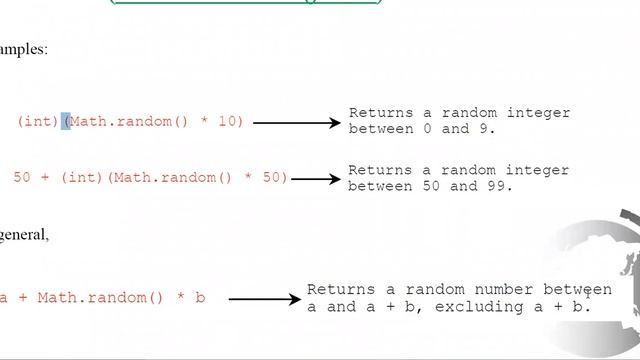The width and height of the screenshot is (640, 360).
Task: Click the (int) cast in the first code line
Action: coord(37,122)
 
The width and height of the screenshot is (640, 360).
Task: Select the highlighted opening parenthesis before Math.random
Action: coord(66,122)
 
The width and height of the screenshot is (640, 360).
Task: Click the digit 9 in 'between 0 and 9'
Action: coord(490,129)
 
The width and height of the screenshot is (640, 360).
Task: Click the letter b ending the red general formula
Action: coord(200,298)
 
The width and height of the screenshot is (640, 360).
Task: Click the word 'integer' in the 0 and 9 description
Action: coord(540,113)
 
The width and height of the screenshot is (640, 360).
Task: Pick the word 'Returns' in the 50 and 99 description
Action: coord(378,170)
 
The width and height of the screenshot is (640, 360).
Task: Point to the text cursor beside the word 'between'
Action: coord(588,292)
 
